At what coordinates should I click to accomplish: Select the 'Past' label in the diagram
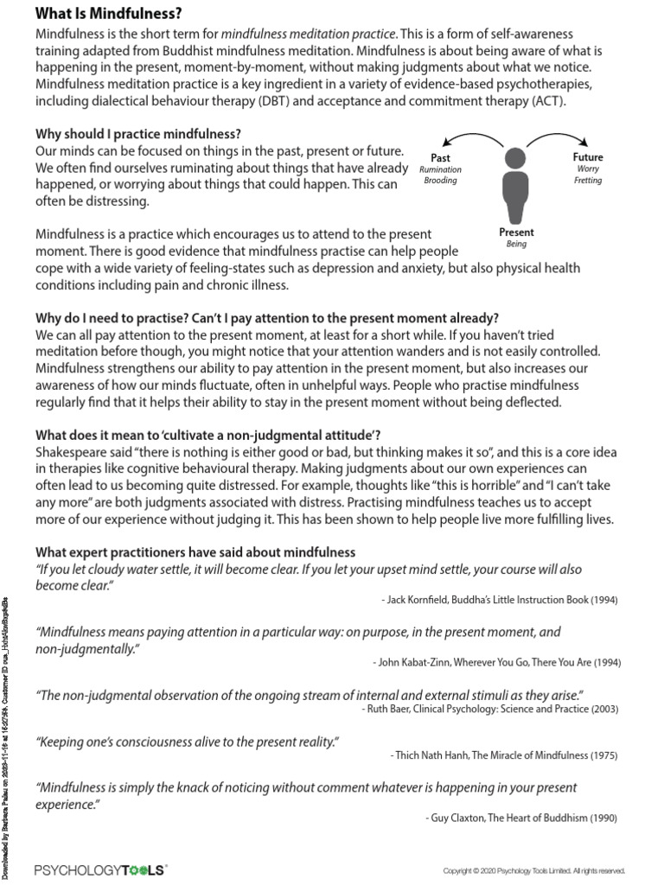(440, 158)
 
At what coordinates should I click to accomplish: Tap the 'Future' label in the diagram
(588, 157)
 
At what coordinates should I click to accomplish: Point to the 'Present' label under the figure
(516, 232)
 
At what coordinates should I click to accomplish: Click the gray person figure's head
(515, 158)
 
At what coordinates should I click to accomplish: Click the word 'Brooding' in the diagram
(440, 181)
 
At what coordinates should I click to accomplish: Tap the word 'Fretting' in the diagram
(588, 181)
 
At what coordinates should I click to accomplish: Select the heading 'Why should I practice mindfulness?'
(137, 134)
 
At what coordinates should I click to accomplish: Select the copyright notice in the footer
(533, 871)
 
